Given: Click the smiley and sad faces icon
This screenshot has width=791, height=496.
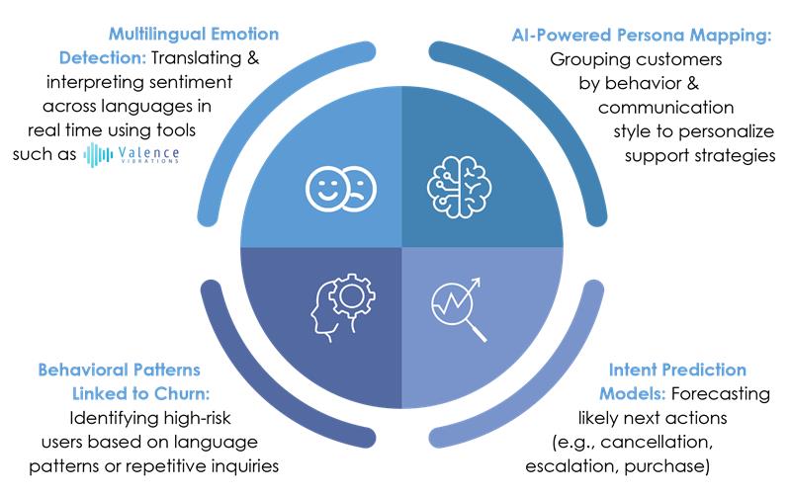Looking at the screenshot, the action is [x=341, y=189].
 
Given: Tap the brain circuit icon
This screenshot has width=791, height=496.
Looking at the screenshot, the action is [x=459, y=187].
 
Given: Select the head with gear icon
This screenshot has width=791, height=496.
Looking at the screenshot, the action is [x=342, y=307].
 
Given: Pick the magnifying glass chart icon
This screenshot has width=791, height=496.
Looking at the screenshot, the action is [x=459, y=309].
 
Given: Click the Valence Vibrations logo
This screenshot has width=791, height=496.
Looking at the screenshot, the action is [x=132, y=154].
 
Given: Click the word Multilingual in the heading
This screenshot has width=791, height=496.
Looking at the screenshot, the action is [x=156, y=35].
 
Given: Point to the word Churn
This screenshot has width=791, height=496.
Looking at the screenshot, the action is [x=182, y=393].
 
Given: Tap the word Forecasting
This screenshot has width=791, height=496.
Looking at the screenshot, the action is [x=721, y=394].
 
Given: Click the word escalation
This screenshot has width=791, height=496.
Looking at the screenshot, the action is [x=571, y=465].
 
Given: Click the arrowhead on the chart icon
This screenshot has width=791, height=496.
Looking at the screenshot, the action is [x=476, y=283].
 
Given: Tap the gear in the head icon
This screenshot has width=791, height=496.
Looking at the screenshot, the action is [x=352, y=295].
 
